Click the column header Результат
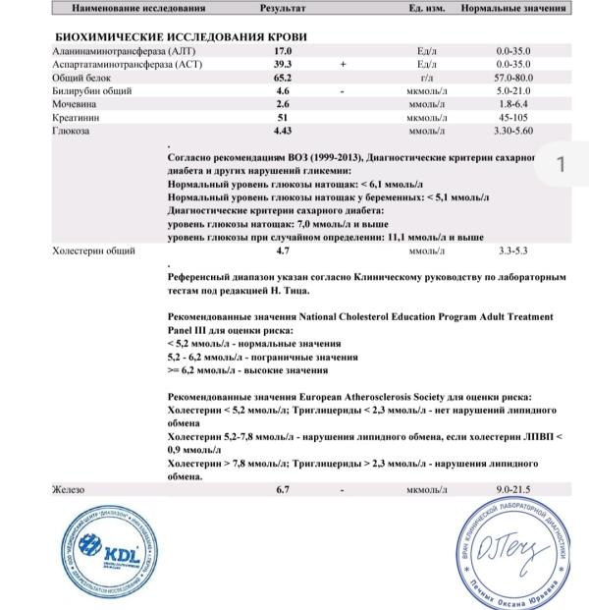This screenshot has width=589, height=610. point(283,8)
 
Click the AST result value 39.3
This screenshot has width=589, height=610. point(283,62)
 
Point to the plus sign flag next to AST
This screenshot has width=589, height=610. point(343,62)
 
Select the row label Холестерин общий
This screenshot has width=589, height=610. point(91,251)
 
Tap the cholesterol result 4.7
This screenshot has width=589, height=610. point(283,251)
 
